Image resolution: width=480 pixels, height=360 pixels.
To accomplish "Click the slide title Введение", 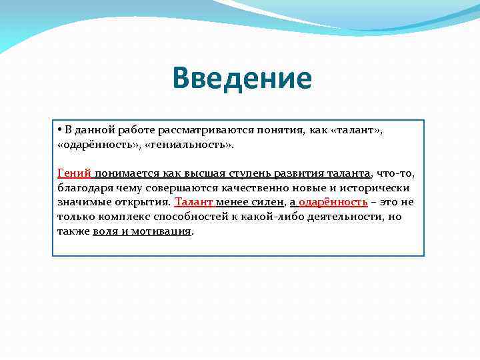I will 241,79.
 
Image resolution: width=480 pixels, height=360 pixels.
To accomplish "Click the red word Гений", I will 74,173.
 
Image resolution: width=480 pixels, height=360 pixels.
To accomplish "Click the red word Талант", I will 193,202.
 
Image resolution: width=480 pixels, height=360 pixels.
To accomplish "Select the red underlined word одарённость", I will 333,202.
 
